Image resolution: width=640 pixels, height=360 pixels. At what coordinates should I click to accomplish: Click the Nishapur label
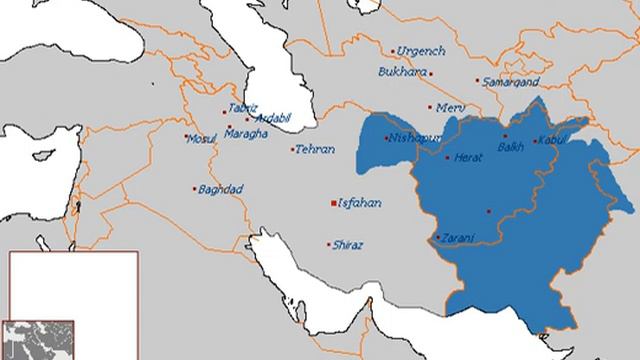pos(413,135)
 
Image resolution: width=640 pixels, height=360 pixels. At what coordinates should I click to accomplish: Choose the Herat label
pos(468,157)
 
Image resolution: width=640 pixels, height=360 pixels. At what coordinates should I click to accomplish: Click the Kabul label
pos(552,140)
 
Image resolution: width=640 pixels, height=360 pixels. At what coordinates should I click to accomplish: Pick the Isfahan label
pos(361,203)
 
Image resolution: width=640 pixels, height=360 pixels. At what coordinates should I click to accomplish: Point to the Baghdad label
pos(221,188)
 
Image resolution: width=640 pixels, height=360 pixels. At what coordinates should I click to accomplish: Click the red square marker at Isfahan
pos(334,204)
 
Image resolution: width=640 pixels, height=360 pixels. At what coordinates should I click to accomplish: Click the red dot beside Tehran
pos(293,150)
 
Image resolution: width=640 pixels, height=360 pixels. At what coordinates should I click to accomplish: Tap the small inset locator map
pos(37,340)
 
